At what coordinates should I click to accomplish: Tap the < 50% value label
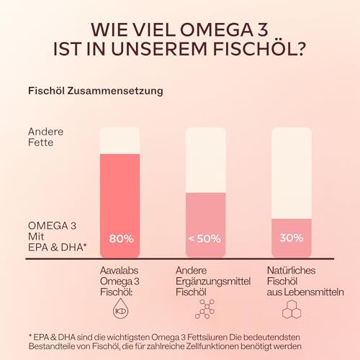coord(205,238)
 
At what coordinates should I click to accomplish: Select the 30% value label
coord(291,238)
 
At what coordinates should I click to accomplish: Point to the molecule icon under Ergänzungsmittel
coord(205,309)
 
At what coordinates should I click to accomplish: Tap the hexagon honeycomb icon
coord(291,309)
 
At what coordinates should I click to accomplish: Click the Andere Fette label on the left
coord(46,138)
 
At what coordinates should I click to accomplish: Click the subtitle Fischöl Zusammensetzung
coord(94,91)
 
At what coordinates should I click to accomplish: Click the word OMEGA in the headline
coord(206,30)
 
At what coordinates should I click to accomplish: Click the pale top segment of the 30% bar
coord(291,173)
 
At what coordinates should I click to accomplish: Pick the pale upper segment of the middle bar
coord(205,159)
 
